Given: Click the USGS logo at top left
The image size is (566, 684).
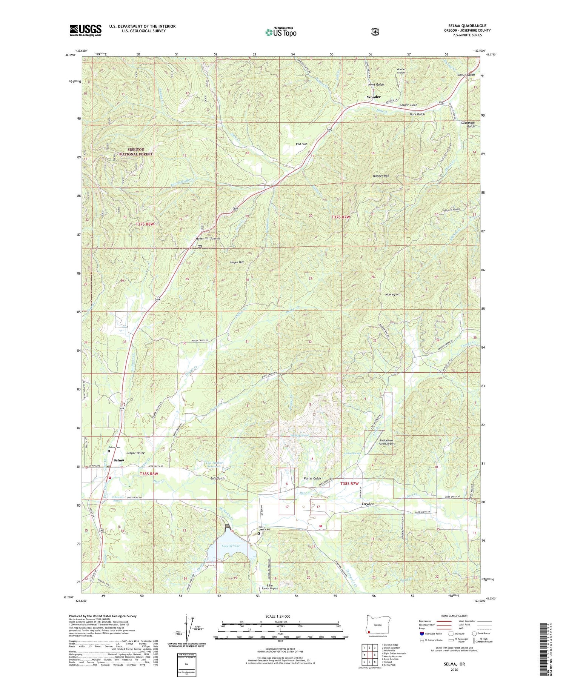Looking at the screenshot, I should tap(85, 30).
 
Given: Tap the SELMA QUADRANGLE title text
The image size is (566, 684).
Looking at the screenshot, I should tap(467, 26).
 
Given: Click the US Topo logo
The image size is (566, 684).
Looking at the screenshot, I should tap(281, 32).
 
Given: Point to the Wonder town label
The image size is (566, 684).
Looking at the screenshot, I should tap(374, 97).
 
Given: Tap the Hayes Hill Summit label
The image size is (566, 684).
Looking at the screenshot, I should tap(208, 238).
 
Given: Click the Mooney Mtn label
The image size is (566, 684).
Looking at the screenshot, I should tap(393, 294).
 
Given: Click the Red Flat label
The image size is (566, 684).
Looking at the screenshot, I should tap(301, 144).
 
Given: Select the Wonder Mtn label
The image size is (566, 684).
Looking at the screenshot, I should tap(381, 176).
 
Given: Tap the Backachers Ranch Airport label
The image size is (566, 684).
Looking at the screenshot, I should tap(382, 442).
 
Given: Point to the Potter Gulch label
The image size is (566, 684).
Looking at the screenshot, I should tap(312, 478).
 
